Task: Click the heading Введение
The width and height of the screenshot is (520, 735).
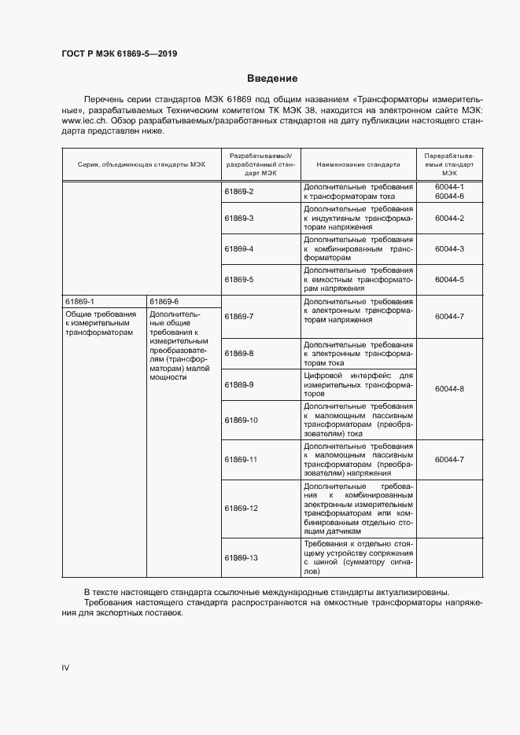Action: (272, 79)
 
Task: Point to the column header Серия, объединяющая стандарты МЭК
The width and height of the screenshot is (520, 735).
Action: (141, 165)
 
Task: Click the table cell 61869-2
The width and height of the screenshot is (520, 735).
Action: (239, 192)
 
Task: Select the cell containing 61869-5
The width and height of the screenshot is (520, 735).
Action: (239, 279)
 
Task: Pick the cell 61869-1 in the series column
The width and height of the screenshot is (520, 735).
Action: (79, 301)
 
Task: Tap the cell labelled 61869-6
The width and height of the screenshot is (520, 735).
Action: (164, 301)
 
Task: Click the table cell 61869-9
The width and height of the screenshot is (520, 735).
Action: (239, 385)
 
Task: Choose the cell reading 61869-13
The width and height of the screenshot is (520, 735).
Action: (242, 557)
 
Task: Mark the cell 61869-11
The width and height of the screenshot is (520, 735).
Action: (242, 459)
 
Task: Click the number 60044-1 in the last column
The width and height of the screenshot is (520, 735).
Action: (449, 187)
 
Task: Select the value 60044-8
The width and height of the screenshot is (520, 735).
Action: (449, 389)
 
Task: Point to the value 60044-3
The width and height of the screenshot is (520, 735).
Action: (449, 248)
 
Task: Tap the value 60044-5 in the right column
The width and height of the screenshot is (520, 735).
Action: (449, 279)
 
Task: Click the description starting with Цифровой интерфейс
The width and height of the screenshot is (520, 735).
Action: (358, 385)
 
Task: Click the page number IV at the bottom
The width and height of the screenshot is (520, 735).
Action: (66, 667)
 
